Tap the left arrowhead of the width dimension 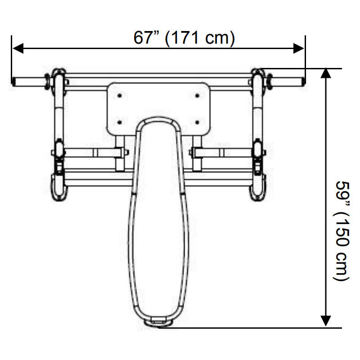coord(18,48)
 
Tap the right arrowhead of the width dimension coord(299,48)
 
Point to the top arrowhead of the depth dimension coord(325,73)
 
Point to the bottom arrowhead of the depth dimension coord(325,321)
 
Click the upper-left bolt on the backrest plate coord(119,95)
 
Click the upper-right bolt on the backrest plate coord(197,95)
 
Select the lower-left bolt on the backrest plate coord(119,122)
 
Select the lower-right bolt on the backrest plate coord(197,122)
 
